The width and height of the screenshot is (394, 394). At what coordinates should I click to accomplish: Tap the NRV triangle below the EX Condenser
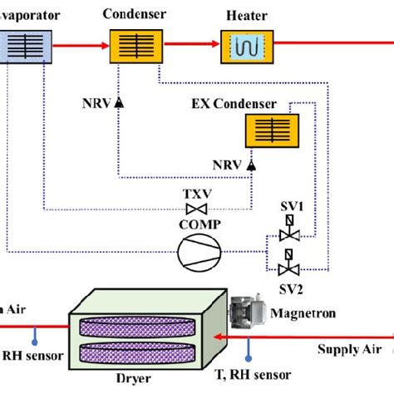pos(249,166)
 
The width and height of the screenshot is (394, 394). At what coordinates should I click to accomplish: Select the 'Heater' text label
pos(245,16)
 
